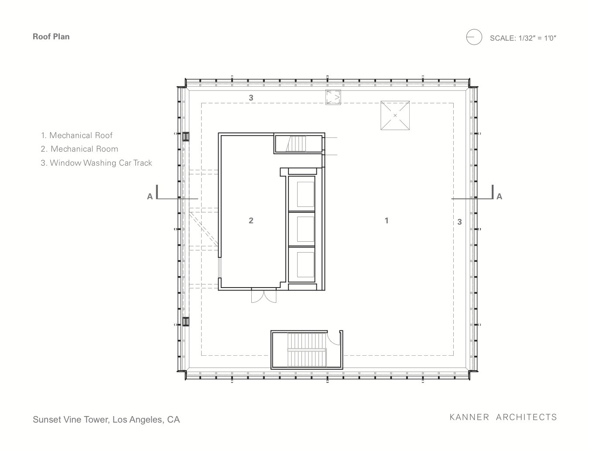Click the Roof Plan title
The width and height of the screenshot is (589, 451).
click(51, 37)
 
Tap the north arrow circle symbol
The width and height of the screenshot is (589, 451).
click(474, 37)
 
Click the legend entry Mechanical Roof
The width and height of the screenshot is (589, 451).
click(77, 135)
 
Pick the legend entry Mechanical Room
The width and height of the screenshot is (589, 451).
click(79, 149)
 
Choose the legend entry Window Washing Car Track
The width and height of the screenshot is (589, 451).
click(96, 163)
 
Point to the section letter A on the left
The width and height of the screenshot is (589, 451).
click(150, 197)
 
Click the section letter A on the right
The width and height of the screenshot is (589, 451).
click(499, 197)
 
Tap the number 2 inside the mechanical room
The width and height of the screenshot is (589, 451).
click(251, 221)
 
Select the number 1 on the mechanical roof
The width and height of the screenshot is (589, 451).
click(387, 221)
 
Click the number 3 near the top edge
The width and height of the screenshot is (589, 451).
click(251, 98)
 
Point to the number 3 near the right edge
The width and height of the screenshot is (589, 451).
click(460, 222)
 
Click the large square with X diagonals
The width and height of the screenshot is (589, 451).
click(395, 115)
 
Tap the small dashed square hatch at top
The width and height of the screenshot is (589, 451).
click(333, 97)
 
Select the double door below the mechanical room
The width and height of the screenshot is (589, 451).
click(264, 296)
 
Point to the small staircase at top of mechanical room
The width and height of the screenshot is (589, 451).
click(296, 144)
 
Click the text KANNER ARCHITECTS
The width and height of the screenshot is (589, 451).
click(503, 417)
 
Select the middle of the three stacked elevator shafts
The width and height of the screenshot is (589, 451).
click(301, 229)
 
